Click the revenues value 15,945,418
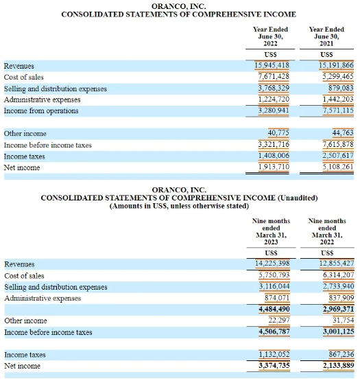(272, 65)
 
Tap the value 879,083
(341, 88)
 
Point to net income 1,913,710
(274, 167)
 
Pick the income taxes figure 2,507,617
(338, 155)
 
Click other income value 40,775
(278, 132)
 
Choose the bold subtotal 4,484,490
(274, 309)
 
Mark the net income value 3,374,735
(274, 365)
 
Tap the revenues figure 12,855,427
(337, 263)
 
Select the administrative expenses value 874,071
(277, 298)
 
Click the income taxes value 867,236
(341, 354)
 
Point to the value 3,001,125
(339, 332)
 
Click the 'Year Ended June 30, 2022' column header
(270, 36)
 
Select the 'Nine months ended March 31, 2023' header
(271, 231)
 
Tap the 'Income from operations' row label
(41, 111)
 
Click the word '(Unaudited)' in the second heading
(298, 198)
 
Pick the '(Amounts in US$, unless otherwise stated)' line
(180, 206)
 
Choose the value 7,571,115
(338, 111)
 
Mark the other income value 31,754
(344, 321)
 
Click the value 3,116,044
(274, 286)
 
